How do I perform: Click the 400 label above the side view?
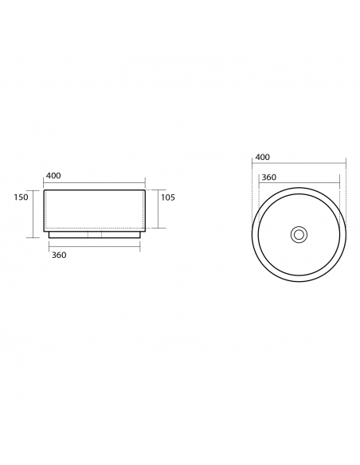pos(53,175)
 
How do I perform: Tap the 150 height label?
pos(21,197)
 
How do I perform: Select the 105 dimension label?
pos(168,197)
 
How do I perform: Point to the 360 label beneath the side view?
pos(59,255)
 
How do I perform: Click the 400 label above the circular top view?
pos(263,157)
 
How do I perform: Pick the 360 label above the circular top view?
pos(268,178)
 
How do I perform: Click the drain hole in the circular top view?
pos(299,235)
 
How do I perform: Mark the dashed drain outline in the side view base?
pos(95,234)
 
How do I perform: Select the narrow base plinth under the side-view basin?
pos(94,235)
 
